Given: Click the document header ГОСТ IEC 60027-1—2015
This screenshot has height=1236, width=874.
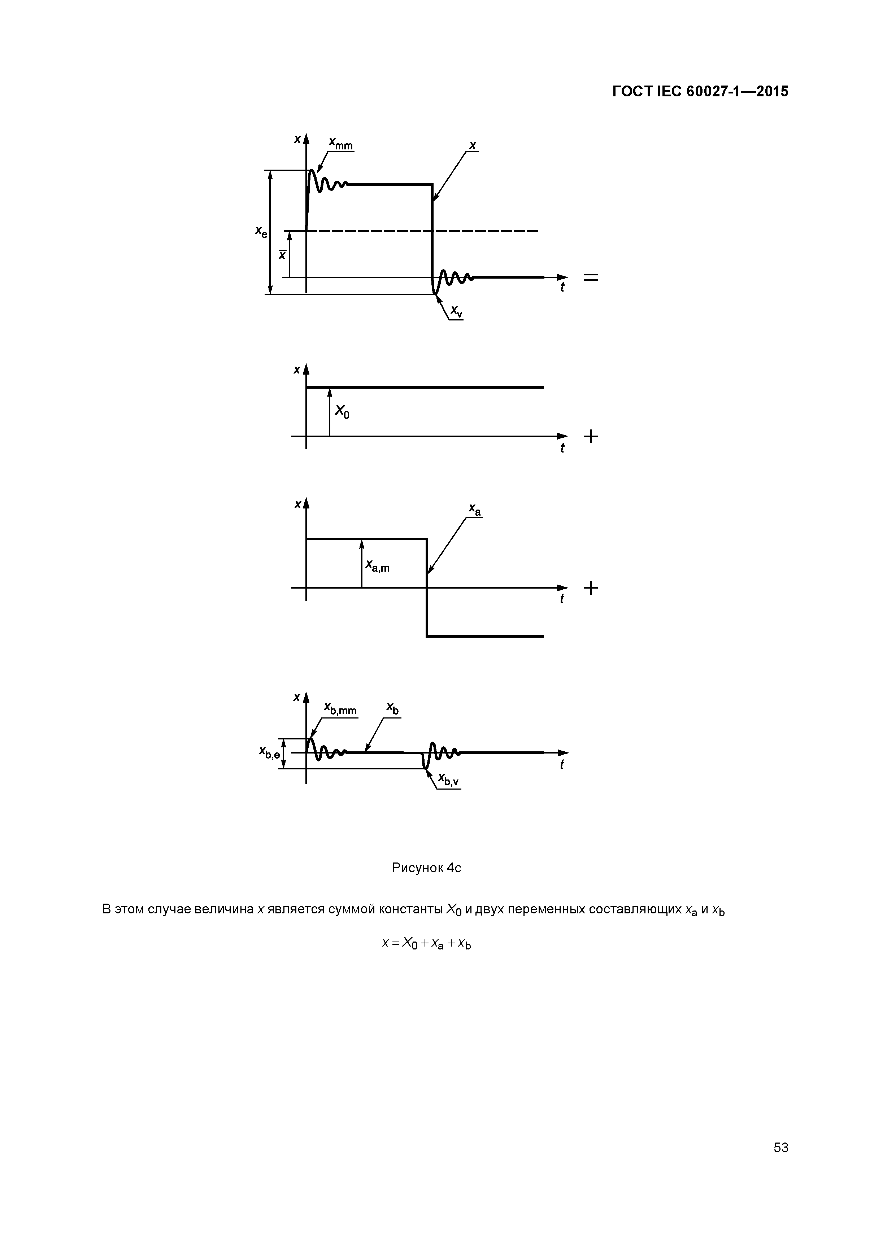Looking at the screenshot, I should [x=700, y=92].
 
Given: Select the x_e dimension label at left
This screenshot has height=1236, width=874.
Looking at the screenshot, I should [x=261, y=232].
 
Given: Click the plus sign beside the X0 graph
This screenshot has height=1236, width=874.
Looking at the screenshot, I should [x=590, y=436].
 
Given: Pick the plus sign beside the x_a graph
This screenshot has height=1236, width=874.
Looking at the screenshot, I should [x=590, y=588].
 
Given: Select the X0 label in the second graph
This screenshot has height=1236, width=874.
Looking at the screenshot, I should [x=342, y=412].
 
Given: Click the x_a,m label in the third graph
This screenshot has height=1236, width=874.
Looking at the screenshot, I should [x=377, y=565].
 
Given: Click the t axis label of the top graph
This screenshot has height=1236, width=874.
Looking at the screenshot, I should [x=562, y=288].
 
